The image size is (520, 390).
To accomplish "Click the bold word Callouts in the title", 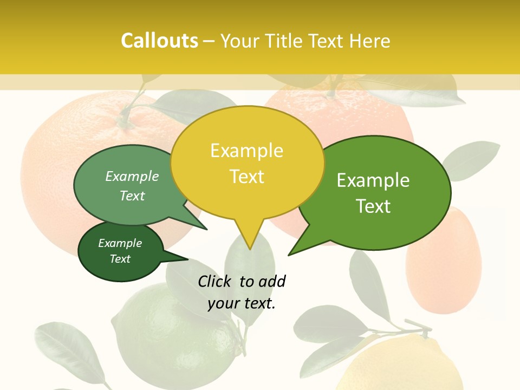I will point(159,41).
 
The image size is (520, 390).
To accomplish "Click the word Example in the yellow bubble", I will point(246,151).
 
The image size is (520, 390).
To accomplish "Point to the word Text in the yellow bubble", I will point(246,177).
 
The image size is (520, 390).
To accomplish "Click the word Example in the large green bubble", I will point(373,180).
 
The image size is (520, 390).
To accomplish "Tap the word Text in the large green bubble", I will point(373,206).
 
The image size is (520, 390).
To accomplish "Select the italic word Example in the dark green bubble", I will point(120,243).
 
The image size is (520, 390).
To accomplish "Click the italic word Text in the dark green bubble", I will point(120,259).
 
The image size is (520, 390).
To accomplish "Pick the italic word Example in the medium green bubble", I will point(132,177).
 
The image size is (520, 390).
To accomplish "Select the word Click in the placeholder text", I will point(215,281).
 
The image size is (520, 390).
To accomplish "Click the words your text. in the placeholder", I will point(242,303).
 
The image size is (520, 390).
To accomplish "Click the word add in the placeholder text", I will point(271,281).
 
